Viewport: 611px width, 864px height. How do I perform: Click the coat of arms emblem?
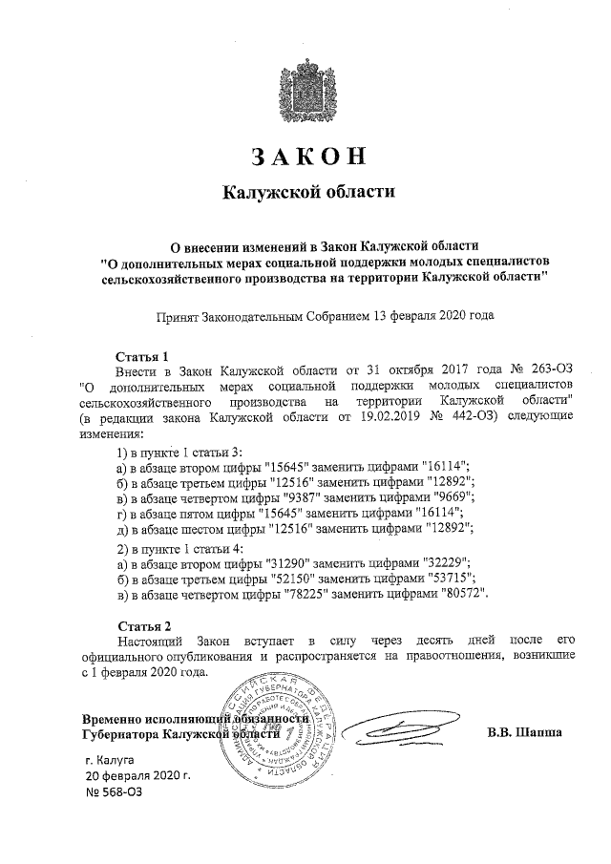307,91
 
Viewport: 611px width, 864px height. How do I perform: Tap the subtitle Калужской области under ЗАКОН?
307,192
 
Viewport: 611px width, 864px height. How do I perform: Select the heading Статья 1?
141,353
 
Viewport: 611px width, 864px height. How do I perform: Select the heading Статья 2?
141,626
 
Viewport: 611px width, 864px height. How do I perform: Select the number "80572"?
470,595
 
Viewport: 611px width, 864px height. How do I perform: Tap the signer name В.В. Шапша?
524,732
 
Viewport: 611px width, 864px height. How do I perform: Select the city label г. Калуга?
113,761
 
